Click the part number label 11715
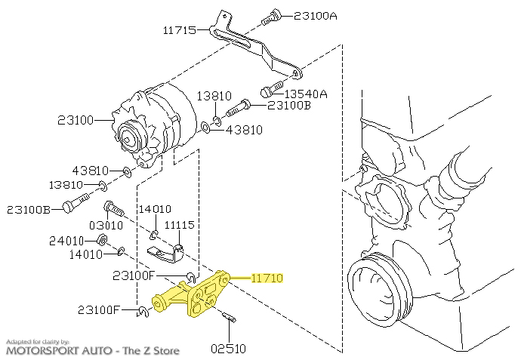pyautogui.click(x=180, y=30)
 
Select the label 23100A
pyautogui.click(x=316, y=16)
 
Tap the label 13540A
pyautogui.click(x=306, y=94)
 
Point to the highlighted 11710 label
pyautogui.click(x=267, y=278)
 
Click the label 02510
pyautogui.click(x=228, y=349)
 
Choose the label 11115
pyautogui.click(x=180, y=225)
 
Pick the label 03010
pyautogui.click(x=106, y=226)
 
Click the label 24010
pyautogui.click(x=66, y=241)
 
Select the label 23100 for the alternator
pyautogui.click(x=76, y=120)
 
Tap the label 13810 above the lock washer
pyautogui.click(x=214, y=96)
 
